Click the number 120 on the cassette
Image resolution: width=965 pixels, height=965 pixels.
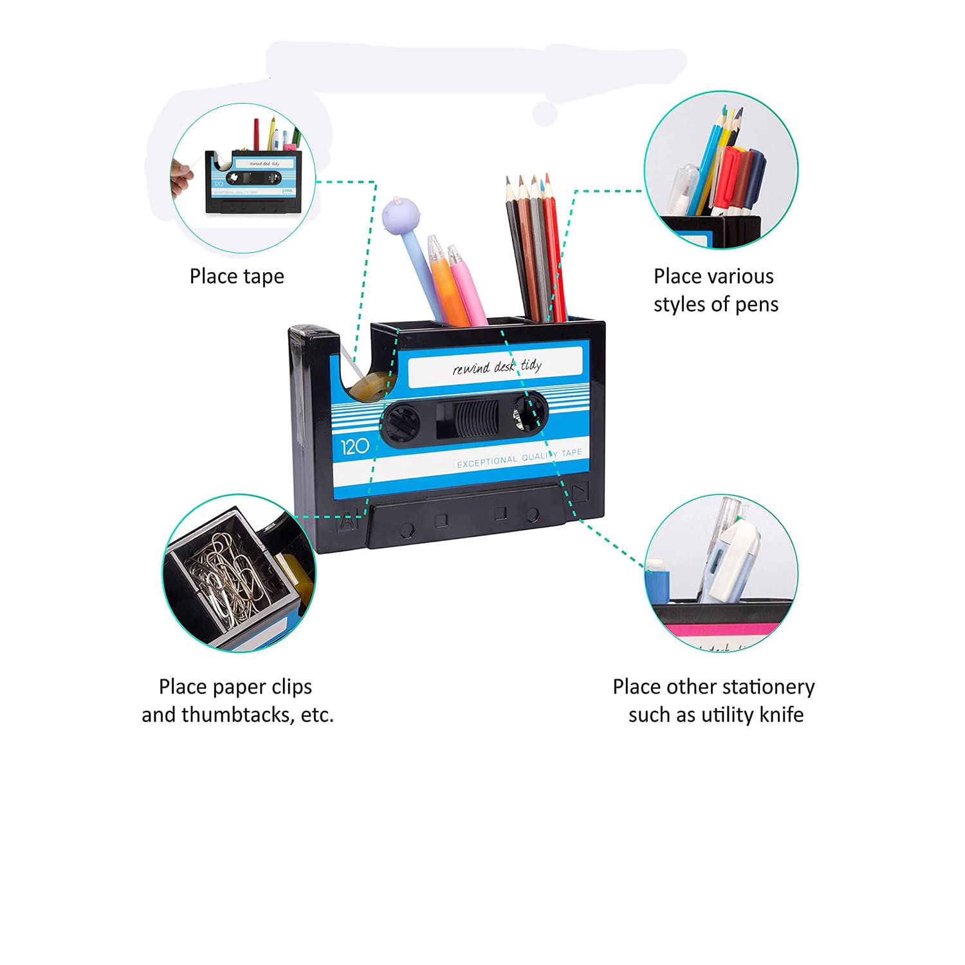(354, 446)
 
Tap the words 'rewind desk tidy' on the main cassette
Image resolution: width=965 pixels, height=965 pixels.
(497, 367)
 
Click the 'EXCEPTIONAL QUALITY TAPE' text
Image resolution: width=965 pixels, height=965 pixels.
(519, 458)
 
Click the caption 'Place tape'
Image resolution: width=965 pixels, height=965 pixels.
(237, 276)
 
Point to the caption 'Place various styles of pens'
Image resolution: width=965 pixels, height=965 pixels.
(715, 290)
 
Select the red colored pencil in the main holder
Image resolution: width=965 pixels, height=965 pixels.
(555, 248)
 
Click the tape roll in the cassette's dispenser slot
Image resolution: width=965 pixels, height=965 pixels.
(369, 387)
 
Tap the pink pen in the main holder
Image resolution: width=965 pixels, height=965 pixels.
(467, 286)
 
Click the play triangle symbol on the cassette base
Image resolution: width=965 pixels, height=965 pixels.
(580, 493)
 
